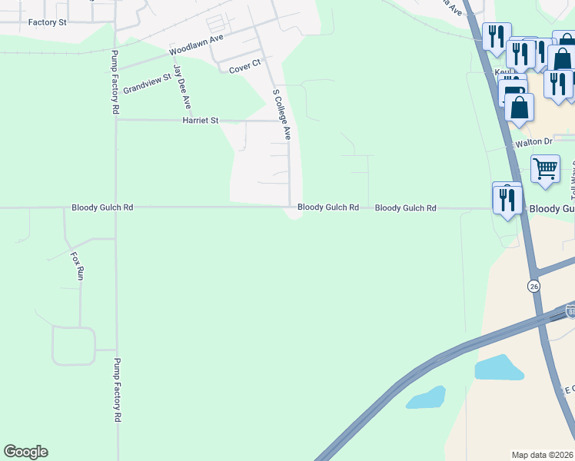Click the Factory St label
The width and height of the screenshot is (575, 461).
[47, 22]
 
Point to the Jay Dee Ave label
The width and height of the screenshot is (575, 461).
[181, 87]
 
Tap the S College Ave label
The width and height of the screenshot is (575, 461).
[282, 113]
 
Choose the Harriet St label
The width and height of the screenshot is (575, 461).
[201, 121]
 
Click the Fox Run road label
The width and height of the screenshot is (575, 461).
[77, 265]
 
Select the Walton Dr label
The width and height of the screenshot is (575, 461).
[533, 142]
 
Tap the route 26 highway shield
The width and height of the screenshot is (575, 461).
[533, 286]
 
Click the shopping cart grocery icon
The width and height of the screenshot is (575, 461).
[545, 168]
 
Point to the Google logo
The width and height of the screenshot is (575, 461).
[25, 452]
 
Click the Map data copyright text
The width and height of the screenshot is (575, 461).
[543, 455]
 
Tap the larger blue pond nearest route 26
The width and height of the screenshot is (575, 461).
[499, 367]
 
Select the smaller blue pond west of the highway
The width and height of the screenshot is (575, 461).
[426, 397]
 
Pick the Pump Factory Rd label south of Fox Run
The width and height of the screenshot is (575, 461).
[118, 390]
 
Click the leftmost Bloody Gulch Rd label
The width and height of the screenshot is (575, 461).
[102, 207]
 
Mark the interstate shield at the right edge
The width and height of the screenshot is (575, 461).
[570, 310]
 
